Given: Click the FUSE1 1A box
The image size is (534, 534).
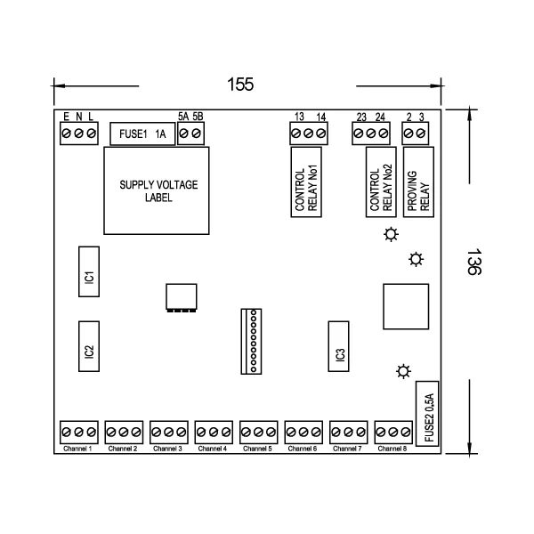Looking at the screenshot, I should pos(142,134).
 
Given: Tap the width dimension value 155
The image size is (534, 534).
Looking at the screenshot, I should pos(240,85).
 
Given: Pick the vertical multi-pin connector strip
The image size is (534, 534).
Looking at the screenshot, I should pos(253,341).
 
